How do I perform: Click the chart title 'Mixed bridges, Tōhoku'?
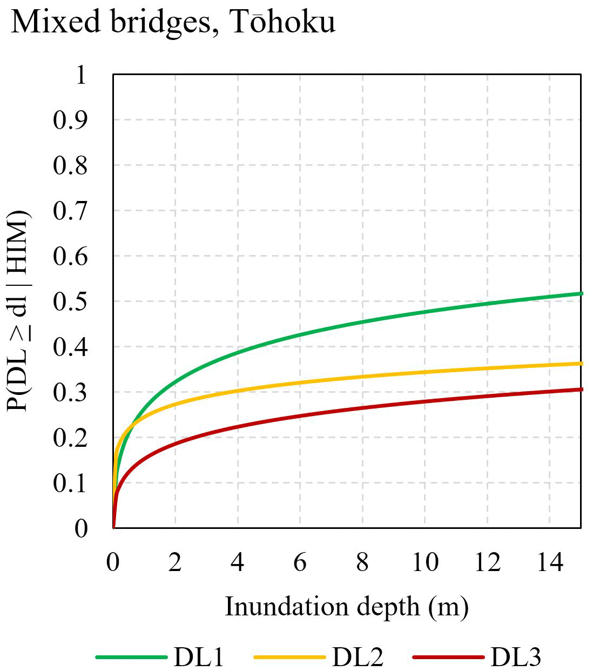pos(173,23)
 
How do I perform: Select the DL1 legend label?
pos(199,657)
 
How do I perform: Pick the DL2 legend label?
pos(358,657)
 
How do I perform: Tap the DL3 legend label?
pos(516,657)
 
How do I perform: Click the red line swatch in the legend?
pos(448,657)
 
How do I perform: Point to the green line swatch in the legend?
pos(131,657)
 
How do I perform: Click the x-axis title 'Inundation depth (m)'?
pos(346,607)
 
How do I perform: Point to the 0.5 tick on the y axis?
pos(70,301)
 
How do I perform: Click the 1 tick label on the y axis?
pos(80,75)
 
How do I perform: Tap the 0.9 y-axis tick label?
pos(70,120)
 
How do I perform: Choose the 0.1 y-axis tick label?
pos(70,483)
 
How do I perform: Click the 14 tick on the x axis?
pos(550,562)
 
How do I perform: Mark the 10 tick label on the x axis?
pos(425,562)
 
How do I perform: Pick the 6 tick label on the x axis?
pos(300,562)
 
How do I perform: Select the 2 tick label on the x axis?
pos(175,562)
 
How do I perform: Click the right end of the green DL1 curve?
pos(581,293)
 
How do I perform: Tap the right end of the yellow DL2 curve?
pos(581,364)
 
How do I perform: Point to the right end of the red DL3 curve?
pos(581,389)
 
